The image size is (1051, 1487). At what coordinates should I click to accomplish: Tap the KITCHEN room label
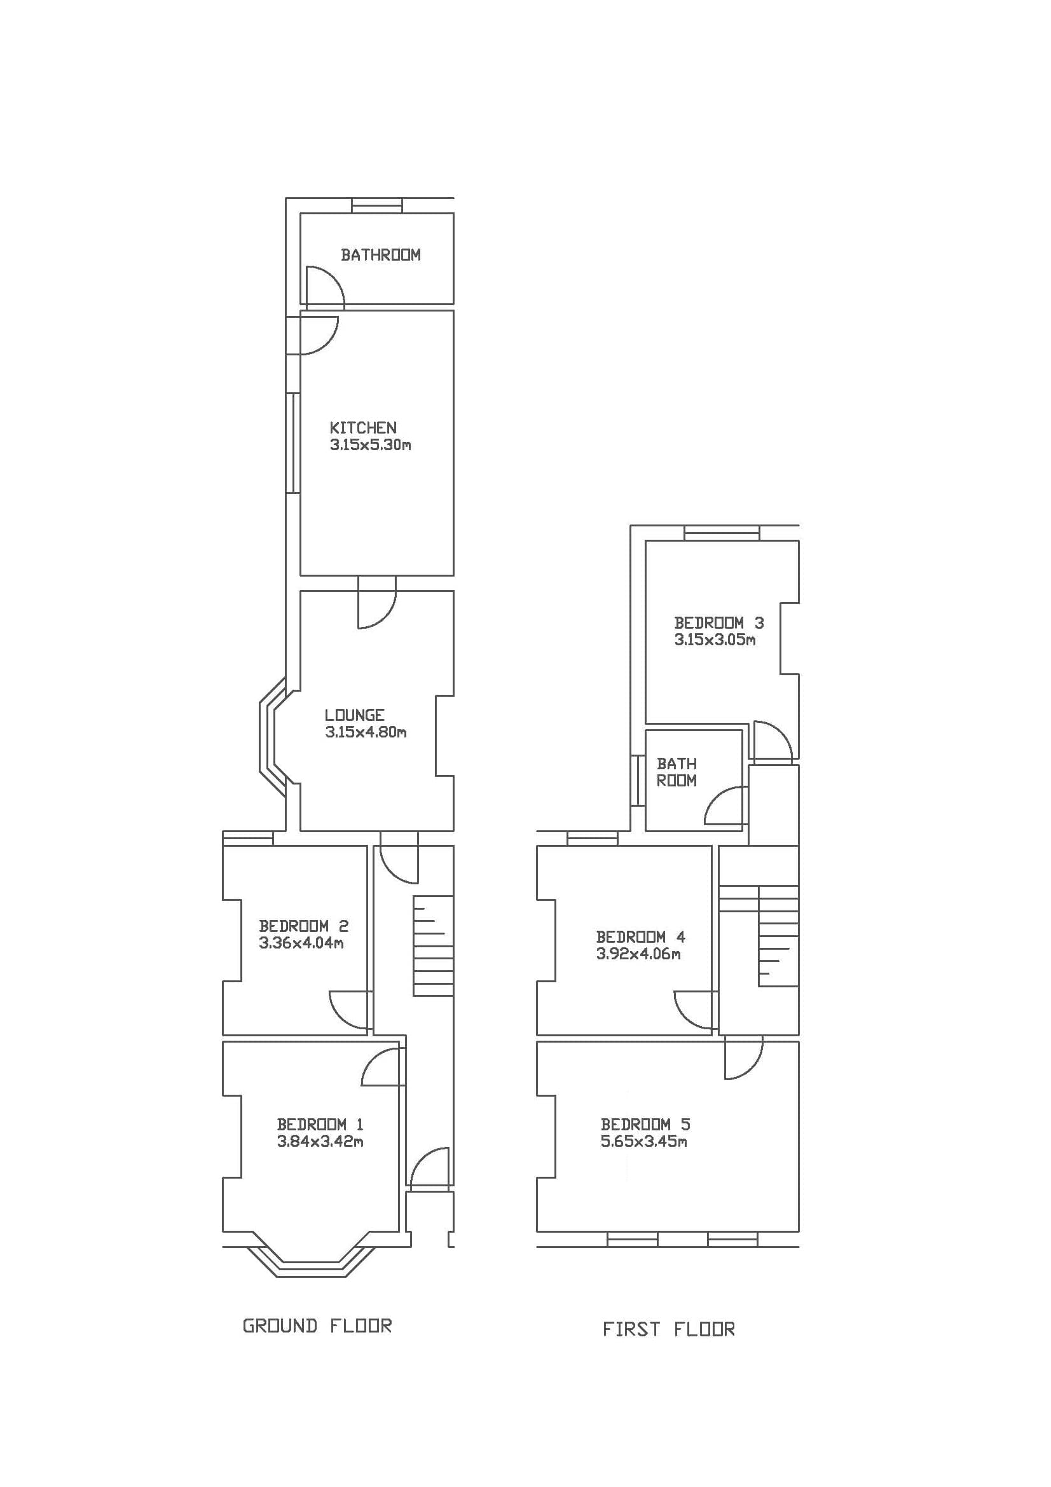(362, 427)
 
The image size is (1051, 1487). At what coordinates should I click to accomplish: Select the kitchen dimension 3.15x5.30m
(370, 445)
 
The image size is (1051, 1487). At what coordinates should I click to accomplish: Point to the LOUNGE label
(354, 715)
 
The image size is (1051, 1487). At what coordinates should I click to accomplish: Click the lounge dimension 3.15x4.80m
(365, 732)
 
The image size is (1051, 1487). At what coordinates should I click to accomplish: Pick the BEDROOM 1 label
(320, 1125)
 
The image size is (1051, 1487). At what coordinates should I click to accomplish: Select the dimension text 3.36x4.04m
(301, 943)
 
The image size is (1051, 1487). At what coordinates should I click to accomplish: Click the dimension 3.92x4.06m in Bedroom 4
(638, 954)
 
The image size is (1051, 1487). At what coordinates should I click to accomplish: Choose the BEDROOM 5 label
(645, 1125)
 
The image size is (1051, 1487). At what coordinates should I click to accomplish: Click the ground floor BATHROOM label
(380, 254)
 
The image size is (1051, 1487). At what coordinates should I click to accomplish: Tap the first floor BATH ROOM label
(676, 772)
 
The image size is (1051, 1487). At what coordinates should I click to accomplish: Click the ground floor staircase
(432, 946)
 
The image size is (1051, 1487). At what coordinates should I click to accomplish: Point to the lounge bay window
(272, 737)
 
